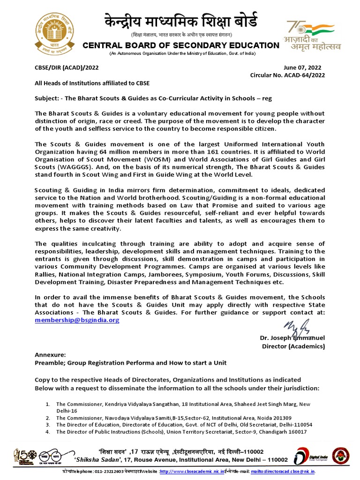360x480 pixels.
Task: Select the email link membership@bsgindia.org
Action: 77,320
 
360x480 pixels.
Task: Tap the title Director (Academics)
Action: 293,346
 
